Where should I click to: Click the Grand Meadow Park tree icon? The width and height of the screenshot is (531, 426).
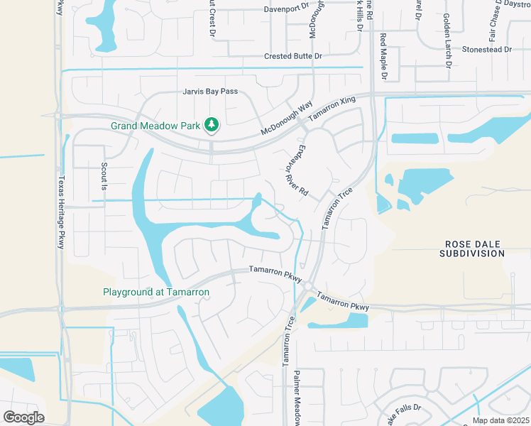(211, 126)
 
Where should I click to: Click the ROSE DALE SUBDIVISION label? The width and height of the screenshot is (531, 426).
(472, 248)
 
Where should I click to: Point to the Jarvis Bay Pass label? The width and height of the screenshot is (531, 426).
(209, 92)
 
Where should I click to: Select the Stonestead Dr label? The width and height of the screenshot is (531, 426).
(487, 50)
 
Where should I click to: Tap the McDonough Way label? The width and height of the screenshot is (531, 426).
(287, 118)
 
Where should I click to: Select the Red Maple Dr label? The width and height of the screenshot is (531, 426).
(383, 56)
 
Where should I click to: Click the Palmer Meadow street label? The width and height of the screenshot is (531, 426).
(299, 398)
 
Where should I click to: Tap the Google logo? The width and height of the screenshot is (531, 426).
(23, 417)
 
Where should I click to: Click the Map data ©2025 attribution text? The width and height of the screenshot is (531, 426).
(500, 420)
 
